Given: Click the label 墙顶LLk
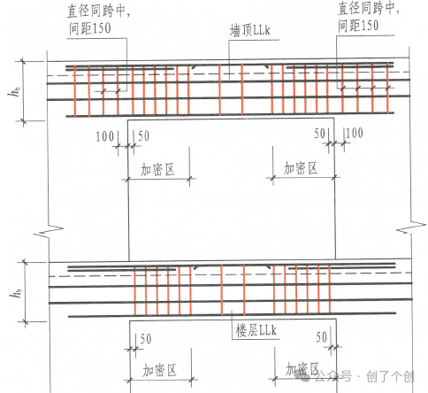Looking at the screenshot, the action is click(x=249, y=30).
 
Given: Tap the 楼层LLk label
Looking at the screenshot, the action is click(x=256, y=330).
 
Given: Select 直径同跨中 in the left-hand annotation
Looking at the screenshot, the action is click(x=97, y=11).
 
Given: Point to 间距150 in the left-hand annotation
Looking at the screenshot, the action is click(x=90, y=28).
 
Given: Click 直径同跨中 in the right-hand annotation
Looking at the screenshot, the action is click(x=369, y=8).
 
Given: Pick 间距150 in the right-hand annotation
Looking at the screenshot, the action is click(x=358, y=25).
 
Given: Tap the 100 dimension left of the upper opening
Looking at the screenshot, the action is click(x=105, y=136).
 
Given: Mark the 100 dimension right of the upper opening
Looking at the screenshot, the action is click(x=354, y=133).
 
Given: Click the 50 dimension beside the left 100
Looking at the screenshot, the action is click(x=143, y=136).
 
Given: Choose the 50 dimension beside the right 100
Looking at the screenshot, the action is click(x=319, y=134).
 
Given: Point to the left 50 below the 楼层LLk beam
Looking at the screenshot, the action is click(x=146, y=339).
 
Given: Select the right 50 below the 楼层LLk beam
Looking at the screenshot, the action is click(x=322, y=337).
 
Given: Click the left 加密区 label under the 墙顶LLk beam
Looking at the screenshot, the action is click(x=157, y=169).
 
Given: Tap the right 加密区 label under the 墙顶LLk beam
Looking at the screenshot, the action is click(x=301, y=168).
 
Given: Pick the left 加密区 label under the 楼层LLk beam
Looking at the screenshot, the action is click(x=159, y=370).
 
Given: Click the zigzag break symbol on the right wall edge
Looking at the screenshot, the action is click(x=410, y=227).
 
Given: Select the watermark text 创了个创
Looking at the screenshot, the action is click(x=390, y=377).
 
